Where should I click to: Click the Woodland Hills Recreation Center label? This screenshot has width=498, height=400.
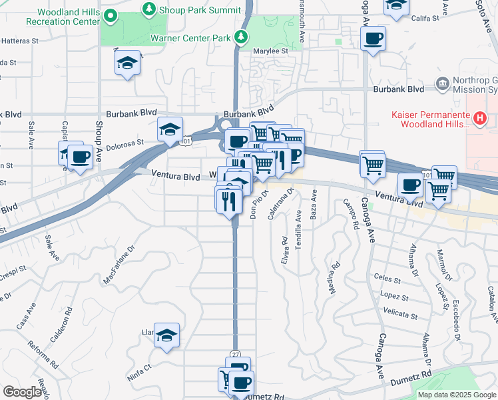click(x=64, y=17)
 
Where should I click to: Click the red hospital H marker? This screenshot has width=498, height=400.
click(x=479, y=119)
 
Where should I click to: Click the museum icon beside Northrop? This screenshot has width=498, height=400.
click(x=440, y=83)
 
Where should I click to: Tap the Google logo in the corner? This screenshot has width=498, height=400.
click(x=21, y=392)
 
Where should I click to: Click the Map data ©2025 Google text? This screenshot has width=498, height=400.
click(x=456, y=395)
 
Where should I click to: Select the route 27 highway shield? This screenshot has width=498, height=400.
click(x=236, y=353)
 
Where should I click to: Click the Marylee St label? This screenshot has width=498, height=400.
click(x=273, y=51)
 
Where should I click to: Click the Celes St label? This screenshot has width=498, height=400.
click(x=386, y=279)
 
